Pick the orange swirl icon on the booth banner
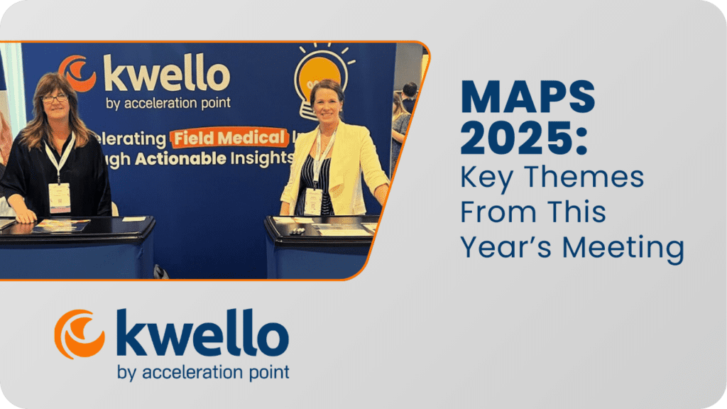[x=77, y=73]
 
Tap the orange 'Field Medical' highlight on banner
[x=229, y=137]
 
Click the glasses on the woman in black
[x=55, y=98]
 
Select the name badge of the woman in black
[x=60, y=197]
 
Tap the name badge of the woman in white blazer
[x=313, y=202]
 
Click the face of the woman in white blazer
[x=327, y=107]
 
